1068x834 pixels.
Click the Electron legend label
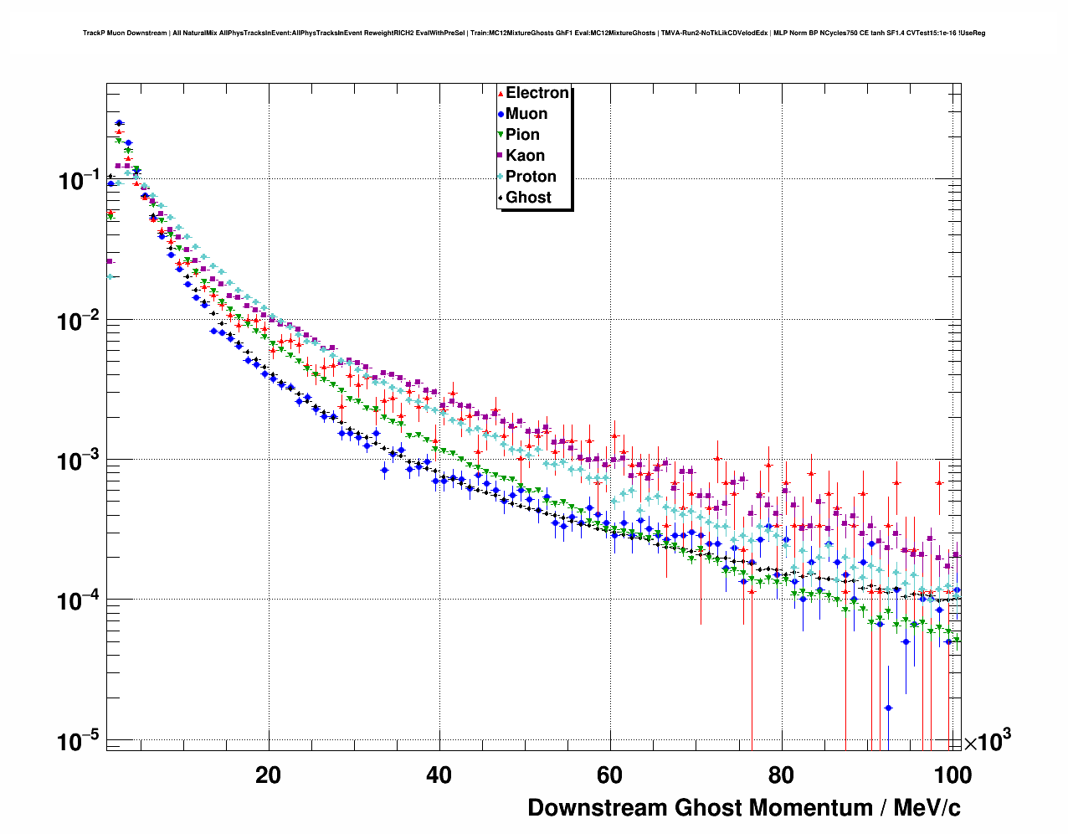click(537, 93)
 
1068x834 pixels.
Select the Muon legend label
click(526, 114)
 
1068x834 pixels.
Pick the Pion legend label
click(522, 135)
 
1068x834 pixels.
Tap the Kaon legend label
click(525, 156)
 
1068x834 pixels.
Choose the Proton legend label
click(531, 177)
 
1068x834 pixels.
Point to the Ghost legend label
click(528, 198)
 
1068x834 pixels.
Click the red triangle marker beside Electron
click(501, 93)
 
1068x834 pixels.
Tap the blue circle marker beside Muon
click(501, 114)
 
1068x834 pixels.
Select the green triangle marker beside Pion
click(501, 135)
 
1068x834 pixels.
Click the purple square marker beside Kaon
click(501, 156)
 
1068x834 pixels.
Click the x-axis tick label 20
click(268, 775)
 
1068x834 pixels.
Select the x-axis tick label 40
click(439, 775)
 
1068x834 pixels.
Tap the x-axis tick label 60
click(609, 775)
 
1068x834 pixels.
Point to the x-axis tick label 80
click(780, 775)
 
